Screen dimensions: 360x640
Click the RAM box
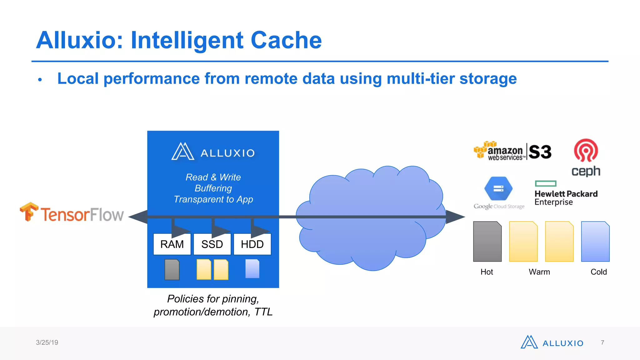click(x=172, y=244)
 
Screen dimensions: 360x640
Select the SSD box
click(x=212, y=244)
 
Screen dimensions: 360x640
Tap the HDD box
click(x=252, y=244)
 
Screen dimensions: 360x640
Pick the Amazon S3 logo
click(x=512, y=151)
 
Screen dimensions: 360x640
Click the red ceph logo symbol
click(x=586, y=150)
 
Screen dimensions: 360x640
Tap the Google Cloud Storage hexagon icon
click(x=498, y=189)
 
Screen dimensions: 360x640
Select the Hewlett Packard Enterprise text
click(x=566, y=197)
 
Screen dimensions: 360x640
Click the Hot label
click(x=487, y=272)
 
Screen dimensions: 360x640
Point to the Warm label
click(x=539, y=272)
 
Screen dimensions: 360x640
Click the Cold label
click(x=598, y=272)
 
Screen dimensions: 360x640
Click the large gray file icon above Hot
click(x=487, y=242)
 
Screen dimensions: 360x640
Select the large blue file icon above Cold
click(x=595, y=242)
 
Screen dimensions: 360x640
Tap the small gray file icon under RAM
click(x=172, y=269)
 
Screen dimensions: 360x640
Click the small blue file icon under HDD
click(x=252, y=269)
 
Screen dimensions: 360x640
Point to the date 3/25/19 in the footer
click(x=47, y=342)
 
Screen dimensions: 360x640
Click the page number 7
click(x=602, y=342)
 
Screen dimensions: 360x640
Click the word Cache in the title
click(x=286, y=40)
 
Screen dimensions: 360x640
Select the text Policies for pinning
click(x=213, y=299)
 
